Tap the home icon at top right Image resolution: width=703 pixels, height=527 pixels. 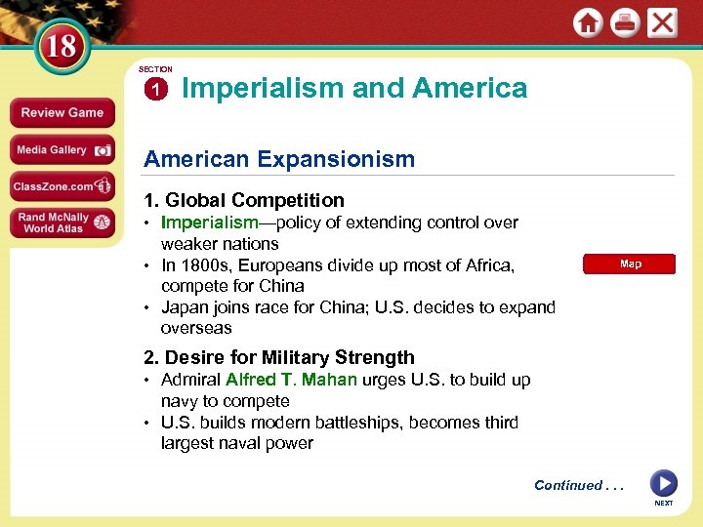588,23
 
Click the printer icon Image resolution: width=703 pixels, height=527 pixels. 625,23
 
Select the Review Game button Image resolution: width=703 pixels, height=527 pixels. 62,112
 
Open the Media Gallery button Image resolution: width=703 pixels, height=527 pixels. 62,149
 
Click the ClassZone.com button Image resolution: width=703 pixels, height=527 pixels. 62,185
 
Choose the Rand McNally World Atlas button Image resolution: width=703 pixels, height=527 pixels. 62,223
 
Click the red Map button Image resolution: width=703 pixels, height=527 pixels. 630,264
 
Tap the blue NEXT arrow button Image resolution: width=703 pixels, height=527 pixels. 664,483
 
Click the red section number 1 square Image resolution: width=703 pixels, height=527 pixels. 154,90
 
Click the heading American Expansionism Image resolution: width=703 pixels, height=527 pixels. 279,159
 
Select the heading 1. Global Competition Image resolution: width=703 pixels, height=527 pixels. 244,200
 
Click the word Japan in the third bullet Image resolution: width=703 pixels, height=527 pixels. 184,307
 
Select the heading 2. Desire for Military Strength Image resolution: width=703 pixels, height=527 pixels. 279,357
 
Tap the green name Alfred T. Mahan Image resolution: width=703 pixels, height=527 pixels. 291,380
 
